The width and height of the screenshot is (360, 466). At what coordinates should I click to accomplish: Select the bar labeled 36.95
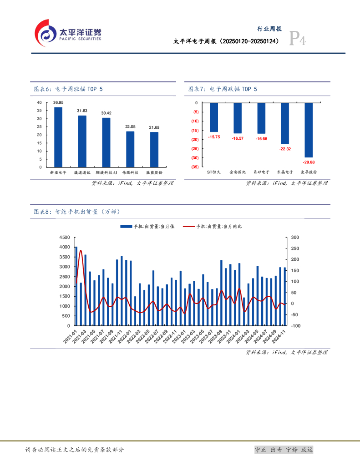point(58,137)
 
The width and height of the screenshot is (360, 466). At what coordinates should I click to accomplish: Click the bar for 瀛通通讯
point(82,141)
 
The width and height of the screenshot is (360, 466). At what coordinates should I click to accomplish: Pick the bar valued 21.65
point(154,149)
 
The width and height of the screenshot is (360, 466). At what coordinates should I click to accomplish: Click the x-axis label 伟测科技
point(130,173)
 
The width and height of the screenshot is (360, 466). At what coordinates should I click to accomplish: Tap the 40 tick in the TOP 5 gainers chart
point(39,102)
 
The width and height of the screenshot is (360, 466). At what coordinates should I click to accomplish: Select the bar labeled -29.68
point(309,130)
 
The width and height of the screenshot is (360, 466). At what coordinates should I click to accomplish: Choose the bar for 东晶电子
point(285,123)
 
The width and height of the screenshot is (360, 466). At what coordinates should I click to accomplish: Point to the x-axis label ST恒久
point(214,172)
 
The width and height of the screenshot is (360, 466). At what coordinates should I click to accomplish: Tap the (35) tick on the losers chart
point(195,167)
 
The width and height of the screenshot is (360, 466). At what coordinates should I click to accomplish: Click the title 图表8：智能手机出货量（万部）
point(77,212)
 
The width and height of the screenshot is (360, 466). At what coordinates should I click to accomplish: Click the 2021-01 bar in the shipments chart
point(76,286)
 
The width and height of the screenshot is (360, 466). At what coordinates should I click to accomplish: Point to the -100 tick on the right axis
point(295,326)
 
